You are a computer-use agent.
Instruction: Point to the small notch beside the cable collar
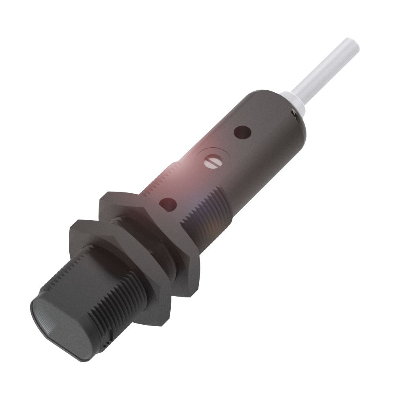click(294, 113)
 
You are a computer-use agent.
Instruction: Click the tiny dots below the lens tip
click(104, 345)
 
